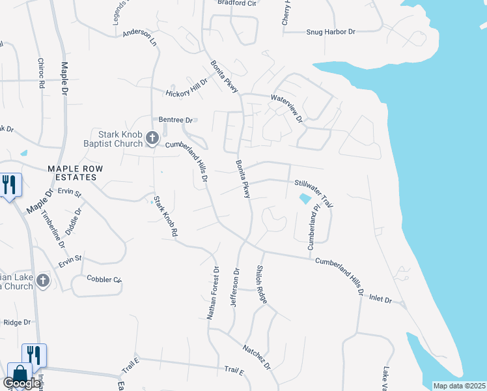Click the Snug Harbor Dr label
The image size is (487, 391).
[x=331, y=31]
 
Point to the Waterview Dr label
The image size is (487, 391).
[x=287, y=109]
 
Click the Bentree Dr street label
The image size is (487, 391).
[x=176, y=120]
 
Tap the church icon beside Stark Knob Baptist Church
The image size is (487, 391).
[x=152, y=138]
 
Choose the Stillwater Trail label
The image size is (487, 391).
[x=314, y=194]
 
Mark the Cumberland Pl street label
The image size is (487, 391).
[x=314, y=227]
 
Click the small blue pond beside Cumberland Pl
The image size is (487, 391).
[x=304, y=198]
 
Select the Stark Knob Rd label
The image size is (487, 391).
[x=165, y=216]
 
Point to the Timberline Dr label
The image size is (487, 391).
[x=53, y=227]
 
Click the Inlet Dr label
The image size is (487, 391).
[x=381, y=299]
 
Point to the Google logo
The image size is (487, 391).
[x=22, y=384]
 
